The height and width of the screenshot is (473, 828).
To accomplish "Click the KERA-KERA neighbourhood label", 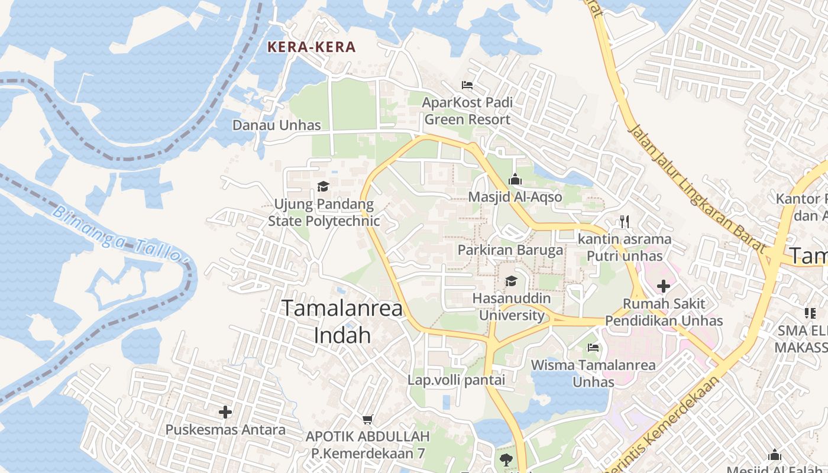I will click(312, 47).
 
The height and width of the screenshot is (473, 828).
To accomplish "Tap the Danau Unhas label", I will click(276, 125).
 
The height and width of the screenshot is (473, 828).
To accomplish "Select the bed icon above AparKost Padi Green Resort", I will click(467, 85).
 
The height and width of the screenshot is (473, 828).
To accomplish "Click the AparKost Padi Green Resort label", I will click(467, 111).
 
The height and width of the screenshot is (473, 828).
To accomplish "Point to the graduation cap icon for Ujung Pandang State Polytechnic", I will click(323, 187).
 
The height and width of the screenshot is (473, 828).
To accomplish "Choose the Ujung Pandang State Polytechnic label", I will click(324, 213).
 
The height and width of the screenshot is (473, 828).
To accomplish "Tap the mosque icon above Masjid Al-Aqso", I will click(515, 179).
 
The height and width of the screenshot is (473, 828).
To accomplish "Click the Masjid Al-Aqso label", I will click(515, 196).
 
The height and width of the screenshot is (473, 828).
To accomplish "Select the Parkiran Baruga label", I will click(510, 250).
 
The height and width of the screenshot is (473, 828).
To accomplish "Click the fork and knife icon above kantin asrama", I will click(625, 222).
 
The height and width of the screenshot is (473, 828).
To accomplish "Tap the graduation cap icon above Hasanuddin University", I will click(511, 281).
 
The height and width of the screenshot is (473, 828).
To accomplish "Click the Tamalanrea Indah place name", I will click(342, 321).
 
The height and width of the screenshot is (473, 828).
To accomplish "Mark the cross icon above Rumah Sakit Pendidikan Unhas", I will click(664, 287).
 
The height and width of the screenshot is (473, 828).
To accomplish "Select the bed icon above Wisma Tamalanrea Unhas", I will click(593, 347).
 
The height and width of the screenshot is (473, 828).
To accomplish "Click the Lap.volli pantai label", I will click(457, 380).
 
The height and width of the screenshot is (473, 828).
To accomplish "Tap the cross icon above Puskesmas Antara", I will click(225, 412).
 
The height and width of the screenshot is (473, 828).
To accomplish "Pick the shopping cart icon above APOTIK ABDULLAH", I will click(367, 419).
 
